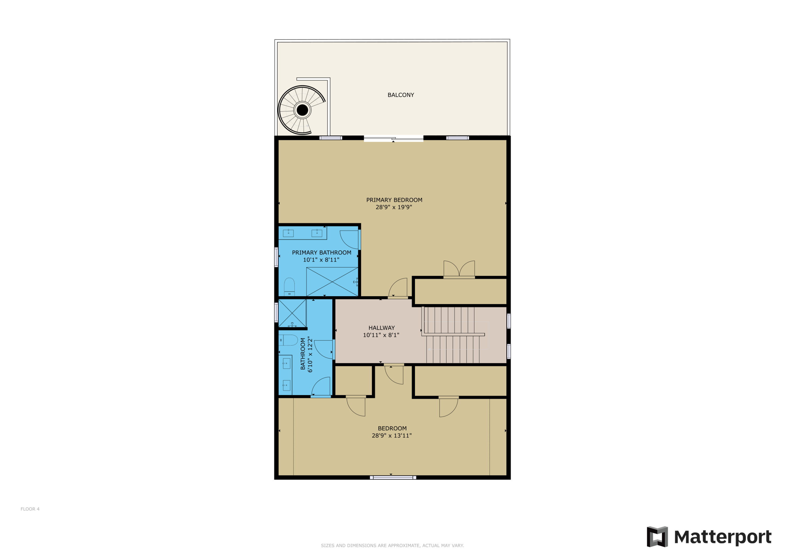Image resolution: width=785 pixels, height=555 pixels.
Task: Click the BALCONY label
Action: tap(401, 95)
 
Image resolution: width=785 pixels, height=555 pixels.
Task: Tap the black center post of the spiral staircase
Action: tap(302, 110)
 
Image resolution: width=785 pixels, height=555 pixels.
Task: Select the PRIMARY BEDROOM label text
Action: tap(394, 200)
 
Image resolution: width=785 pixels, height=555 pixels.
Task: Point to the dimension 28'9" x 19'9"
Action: tap(394, 207)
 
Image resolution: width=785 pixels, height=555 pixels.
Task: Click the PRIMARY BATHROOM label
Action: tap(321, 253)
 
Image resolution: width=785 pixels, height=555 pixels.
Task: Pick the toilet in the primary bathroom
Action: tap(289, 286)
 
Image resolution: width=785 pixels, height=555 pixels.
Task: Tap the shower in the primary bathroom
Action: tap(332, 282)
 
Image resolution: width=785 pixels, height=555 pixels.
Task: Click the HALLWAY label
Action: tap(382, 328)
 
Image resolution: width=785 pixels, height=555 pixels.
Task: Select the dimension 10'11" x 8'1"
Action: tap(381, 335)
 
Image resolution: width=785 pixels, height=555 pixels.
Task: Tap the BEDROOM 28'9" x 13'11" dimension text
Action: tap(392, 436)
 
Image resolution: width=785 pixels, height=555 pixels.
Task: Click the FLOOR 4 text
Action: tap(30, 509)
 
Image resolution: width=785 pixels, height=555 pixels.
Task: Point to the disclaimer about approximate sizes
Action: tap(392, 545)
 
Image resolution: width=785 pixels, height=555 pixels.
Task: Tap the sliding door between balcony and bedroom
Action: tap(394, 138)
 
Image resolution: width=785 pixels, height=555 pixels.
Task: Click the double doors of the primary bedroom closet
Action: tap(459, 270)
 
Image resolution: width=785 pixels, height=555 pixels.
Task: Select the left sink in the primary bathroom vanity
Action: tap(288, 233)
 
